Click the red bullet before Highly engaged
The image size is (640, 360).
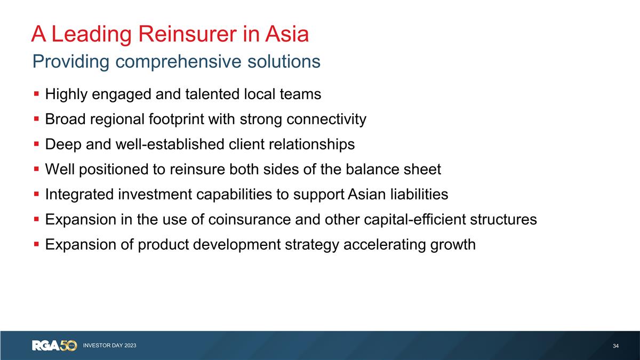pyautogui.click(x=36, y=94)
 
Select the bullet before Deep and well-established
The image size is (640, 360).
pyautogui.click(x=36, y=144)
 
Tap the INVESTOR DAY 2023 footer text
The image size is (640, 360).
pyautogui.click(x=109, y=346)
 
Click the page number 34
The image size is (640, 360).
pyautogui.click(x=616, y=347)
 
